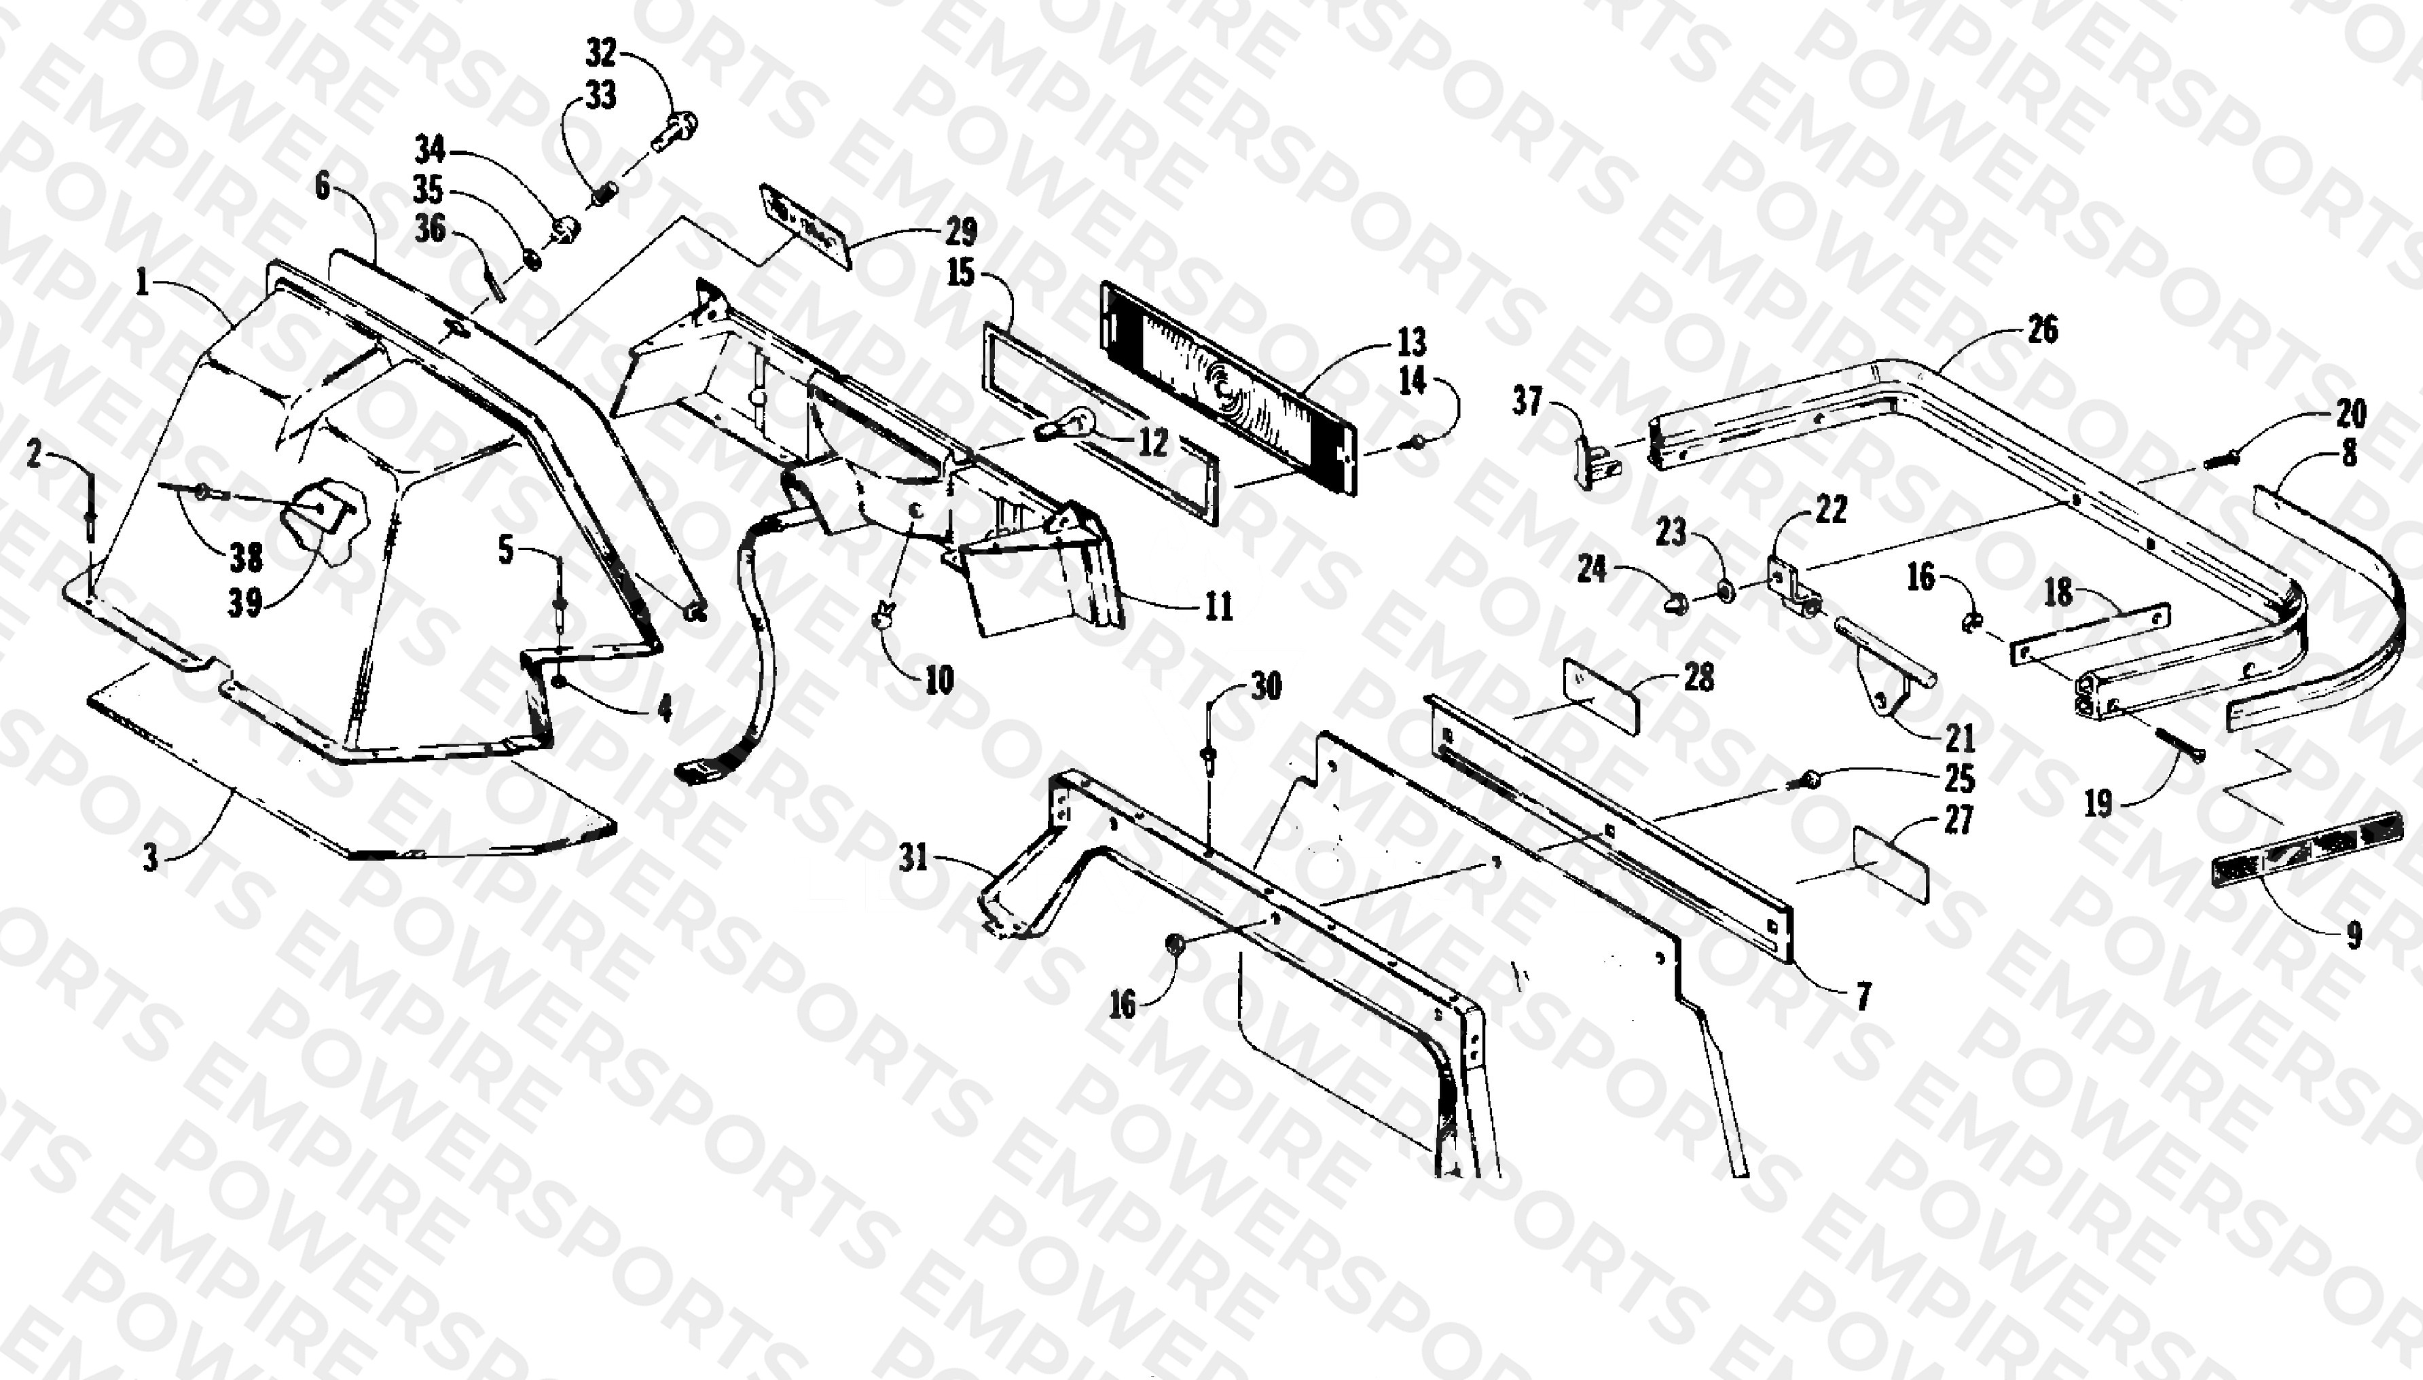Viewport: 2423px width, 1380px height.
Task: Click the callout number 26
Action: [2042, 330]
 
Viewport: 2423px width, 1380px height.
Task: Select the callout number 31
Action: [913, 858]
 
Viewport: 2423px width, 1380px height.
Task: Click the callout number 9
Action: [2354, 937]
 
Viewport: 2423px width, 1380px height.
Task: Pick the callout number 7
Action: [1863, 996]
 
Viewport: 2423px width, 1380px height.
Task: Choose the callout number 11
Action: [1218, 606]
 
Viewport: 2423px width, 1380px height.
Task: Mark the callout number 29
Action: [961, 232]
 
